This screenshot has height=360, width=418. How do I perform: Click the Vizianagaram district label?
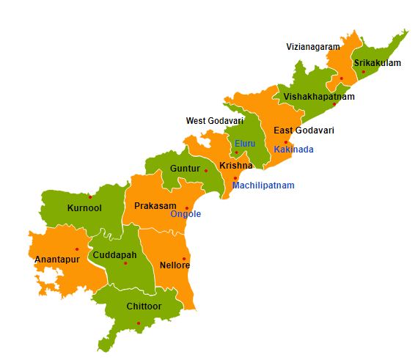point(313,47)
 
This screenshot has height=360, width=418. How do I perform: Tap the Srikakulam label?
point(377,63)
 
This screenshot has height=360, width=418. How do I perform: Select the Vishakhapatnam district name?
point(319,97)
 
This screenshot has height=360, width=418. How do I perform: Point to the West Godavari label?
point(214,121)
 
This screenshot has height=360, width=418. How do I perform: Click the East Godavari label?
point(304,131)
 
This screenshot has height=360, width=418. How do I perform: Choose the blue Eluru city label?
point(245,144)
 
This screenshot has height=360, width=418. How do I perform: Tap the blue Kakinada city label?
point(293,150)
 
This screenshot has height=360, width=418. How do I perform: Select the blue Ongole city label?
point(186,214)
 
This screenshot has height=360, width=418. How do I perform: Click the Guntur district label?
point(185,169)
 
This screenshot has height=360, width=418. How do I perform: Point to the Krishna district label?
point(235,166)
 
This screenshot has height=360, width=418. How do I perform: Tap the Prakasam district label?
point(153,206)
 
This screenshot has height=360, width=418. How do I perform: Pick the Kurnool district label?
point(84,208)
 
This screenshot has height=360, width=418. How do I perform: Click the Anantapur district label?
point(56,259)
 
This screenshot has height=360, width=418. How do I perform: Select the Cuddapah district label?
point(114,255)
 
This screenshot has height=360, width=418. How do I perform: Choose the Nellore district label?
point(175,265)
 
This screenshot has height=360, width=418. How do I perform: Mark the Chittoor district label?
point(144,306)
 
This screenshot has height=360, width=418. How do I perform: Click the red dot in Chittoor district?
point(138,323)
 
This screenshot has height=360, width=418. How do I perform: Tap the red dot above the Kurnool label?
point(90,196)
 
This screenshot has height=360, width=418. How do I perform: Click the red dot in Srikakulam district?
point(363,72)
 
